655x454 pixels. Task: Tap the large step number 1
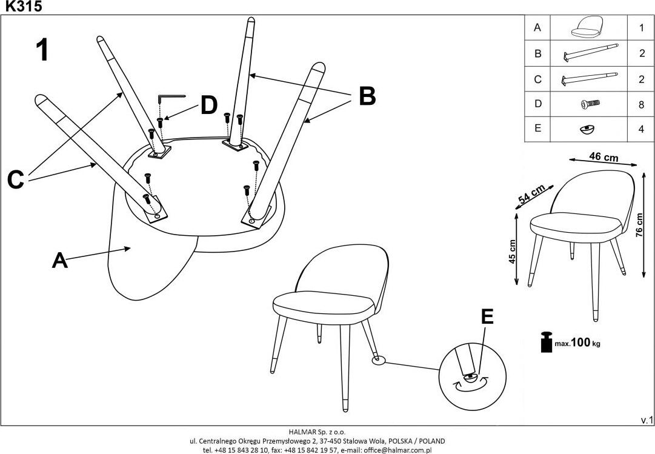(x=42, y=50)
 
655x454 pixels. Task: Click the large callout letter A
(x=59, y=260)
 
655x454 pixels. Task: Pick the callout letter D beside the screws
(x=208, y=105)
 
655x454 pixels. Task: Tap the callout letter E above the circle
(x=487, y=317)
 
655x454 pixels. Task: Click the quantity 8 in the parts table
(x=641, y=104)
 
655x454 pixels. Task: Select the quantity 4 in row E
(x=641, y=130)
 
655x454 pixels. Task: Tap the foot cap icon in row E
(x=587, y=129)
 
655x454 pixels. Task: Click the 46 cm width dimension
(x=603, y=158)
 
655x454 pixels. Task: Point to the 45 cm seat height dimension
(x=512, y=251)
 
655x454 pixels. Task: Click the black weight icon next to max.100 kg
(x=545, y=342)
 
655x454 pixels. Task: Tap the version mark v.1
(x=647, y=419)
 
